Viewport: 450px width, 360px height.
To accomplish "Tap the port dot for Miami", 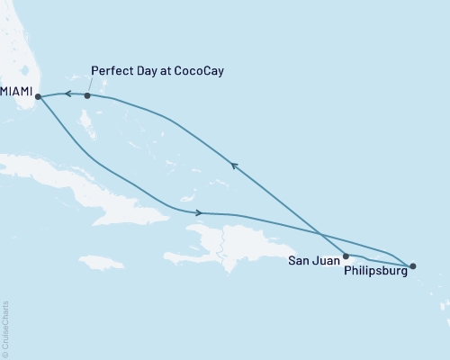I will pos(38,96).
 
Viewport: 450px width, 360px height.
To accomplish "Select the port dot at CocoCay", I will pos(87,95).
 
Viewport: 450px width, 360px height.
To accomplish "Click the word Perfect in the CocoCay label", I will pos(112,70).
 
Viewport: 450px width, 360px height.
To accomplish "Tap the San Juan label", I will pos(313,261).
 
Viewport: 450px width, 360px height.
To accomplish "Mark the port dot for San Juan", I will pos(346,256).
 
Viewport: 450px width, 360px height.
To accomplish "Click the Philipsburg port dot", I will pos(412,266).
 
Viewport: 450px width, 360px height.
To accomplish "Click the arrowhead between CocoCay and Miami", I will pos(65,94).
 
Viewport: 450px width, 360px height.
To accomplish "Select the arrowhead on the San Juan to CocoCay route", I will pos(233,165).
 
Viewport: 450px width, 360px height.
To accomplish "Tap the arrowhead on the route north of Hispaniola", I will pos(198,212).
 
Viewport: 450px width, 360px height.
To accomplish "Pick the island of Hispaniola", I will pos(243,238).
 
